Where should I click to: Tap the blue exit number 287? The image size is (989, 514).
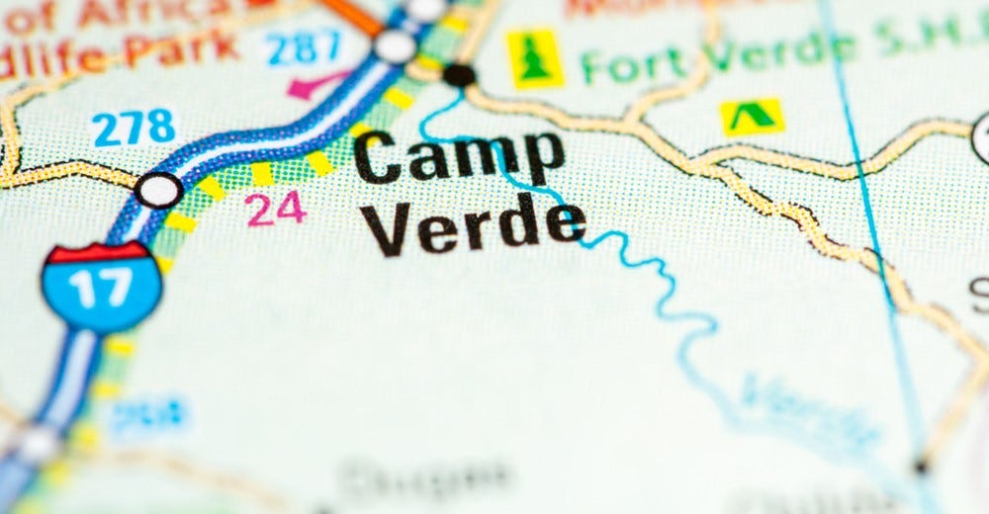pyautogui.click(x=304, y=47)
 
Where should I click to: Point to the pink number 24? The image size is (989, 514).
pyautogui.click(x=276, y=209)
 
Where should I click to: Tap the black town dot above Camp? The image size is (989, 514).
pyautogui.click(x=459, y=74)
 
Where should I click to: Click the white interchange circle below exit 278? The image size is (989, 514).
pyautogui.click(x=158, y=189)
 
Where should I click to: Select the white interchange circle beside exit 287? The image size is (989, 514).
pyautogui.click(x=395, y=45)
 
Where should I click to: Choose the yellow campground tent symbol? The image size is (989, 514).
pyautogui.click(x=752, y=117)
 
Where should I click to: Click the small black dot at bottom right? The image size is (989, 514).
pyautogui.click(x=921, y=466)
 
